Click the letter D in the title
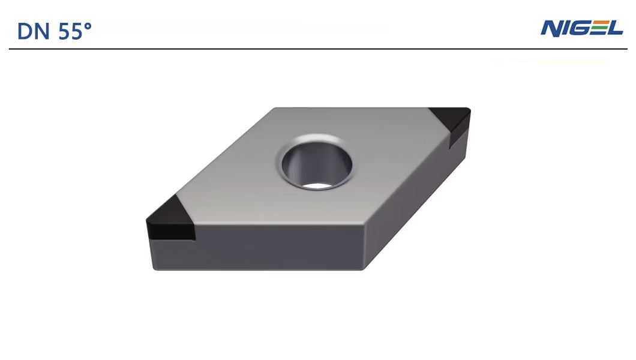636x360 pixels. pos(25,31)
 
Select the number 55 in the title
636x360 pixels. pos(71,31)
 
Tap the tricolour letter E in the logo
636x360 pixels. pos(598,28)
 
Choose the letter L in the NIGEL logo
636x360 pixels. pos(614,28)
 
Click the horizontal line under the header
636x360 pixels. pos(318,49)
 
